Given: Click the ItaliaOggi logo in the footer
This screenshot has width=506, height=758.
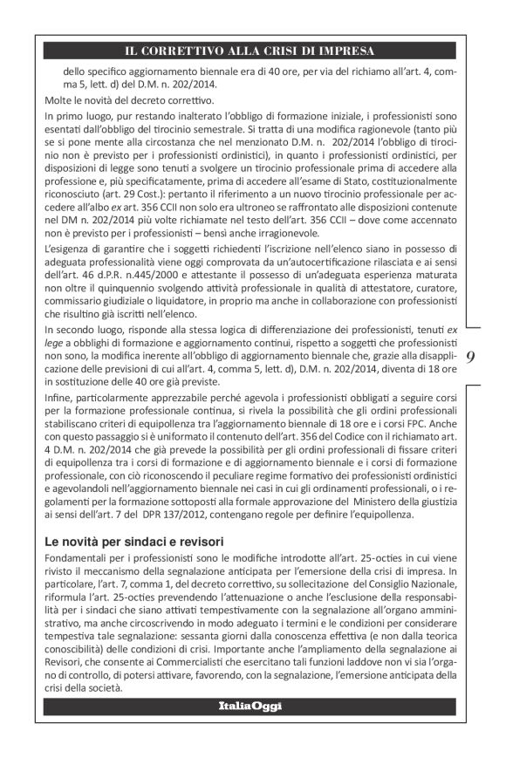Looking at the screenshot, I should point(250,705).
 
